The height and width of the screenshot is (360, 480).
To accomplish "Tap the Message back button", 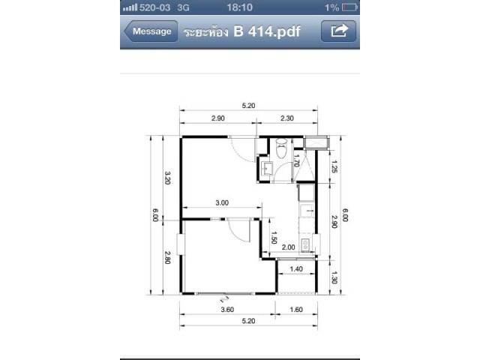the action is (151, 31).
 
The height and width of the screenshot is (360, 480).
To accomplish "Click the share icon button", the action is (338, 31).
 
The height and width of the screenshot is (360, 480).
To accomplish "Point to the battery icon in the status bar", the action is (349, 7).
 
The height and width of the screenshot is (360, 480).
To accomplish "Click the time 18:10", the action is (240, 7).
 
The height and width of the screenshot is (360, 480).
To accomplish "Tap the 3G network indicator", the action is (183, 7).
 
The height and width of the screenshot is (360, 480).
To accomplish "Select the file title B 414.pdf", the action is (267, 31).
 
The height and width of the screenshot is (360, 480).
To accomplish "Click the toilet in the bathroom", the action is (281, 148).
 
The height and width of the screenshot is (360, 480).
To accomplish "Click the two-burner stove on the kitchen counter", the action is (305, 244).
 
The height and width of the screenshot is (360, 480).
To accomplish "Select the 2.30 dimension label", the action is (287, 118).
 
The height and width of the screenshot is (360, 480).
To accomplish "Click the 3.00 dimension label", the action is (222, 202).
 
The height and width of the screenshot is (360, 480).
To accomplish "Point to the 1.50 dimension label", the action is (274, 238).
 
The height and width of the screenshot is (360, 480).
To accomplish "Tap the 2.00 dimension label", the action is (288, 247).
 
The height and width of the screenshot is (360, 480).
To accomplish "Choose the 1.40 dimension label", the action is (296, 269).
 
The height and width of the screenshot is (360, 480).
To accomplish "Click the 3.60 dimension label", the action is (227, 310).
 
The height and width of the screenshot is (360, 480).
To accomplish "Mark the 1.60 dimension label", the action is (296, 310).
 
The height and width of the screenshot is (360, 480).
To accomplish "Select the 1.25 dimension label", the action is (334, 166).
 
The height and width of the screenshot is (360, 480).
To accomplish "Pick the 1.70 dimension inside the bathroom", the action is (296, 160).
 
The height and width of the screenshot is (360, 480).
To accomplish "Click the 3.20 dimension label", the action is (167, 178).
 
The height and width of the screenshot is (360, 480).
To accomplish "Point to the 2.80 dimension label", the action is (167, 257).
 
